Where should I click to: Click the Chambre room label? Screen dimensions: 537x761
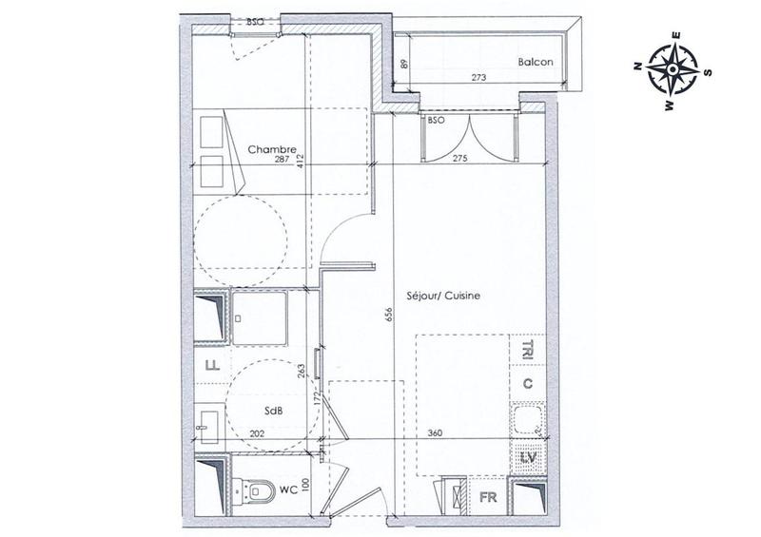click(273, 149)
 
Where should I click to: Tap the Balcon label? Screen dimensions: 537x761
click(537, 63)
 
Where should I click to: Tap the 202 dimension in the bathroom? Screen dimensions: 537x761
click(256, 433)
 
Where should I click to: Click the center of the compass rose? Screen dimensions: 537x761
click(672, 68)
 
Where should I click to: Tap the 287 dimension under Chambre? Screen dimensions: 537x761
click(282, 160)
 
